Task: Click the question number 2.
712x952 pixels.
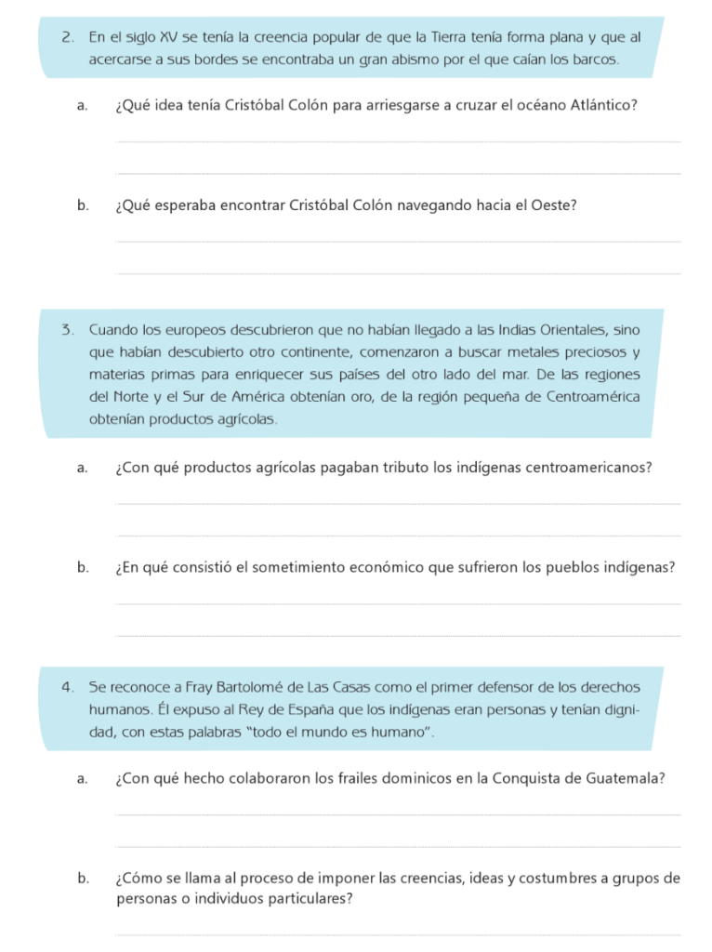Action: [x=67, y=38]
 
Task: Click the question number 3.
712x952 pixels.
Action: [x=67, y=330]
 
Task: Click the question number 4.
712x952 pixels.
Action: [x=67, y=687]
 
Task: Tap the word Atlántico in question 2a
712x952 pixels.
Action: [x=605, y=105]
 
